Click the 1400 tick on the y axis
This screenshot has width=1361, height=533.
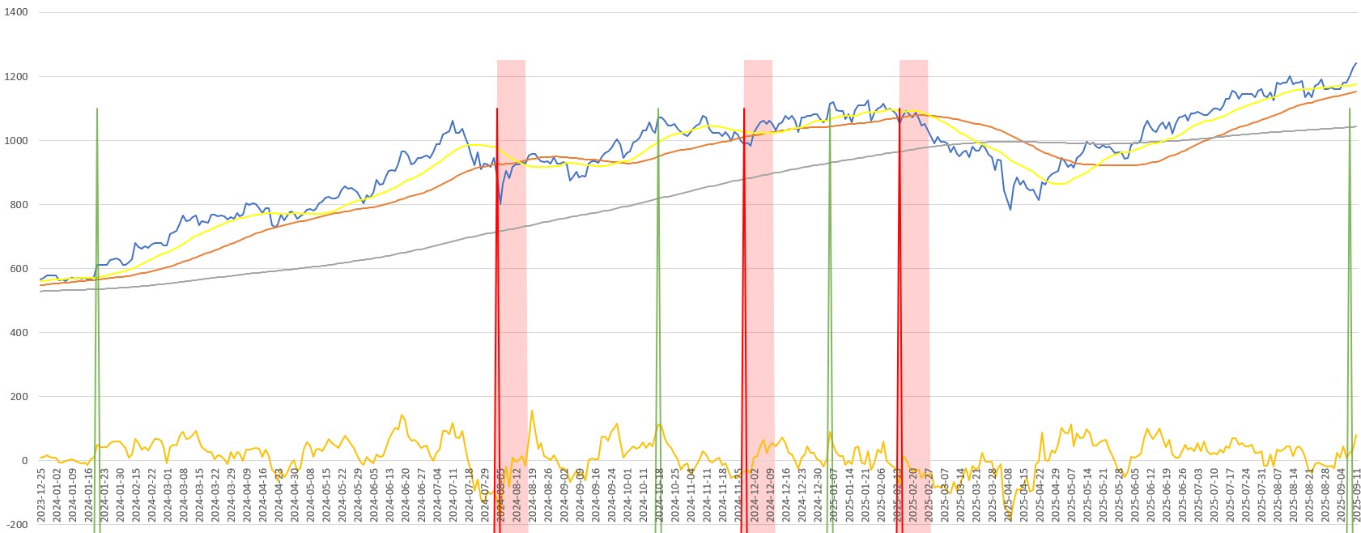16,12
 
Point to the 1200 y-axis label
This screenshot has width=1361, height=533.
16,77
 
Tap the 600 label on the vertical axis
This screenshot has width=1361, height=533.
19,269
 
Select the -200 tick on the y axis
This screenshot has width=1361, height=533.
16,524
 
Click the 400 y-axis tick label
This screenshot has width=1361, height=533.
19,333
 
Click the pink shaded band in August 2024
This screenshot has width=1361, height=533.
512,243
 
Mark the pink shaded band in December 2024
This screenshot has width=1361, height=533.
759,243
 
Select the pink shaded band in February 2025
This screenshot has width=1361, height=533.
914,243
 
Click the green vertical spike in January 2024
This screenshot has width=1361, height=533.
97,243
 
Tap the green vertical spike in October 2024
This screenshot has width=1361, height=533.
658,243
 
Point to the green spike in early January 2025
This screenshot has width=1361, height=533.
830,243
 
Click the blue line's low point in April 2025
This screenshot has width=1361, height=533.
1010,210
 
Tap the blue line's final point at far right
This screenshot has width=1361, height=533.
1356,63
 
